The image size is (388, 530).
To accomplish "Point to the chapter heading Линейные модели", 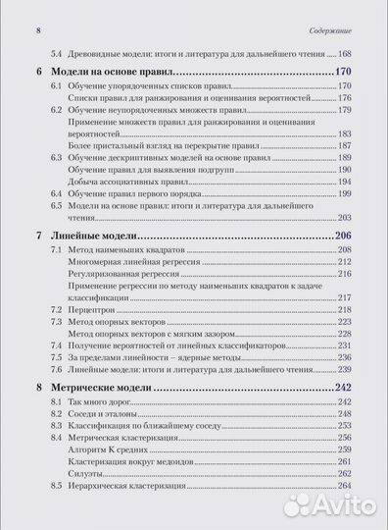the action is [97, 237].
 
